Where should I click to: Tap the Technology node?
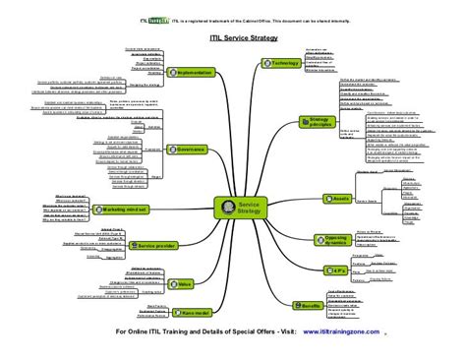278,63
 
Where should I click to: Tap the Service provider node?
159,244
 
